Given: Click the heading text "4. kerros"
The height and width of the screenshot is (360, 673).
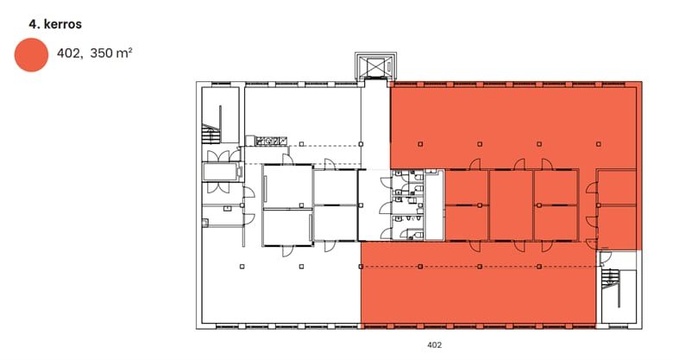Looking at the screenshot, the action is click(55, 24).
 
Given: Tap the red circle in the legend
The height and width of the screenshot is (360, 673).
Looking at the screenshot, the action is click(31, 54).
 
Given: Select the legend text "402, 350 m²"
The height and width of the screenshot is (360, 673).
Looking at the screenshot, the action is click(94, 54).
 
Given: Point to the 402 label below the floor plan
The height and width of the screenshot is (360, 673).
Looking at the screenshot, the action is click(434, 344).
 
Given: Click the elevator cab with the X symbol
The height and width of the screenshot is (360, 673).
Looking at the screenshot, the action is click(375, 66).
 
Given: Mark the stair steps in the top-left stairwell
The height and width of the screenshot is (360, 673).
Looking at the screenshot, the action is click(211, 134).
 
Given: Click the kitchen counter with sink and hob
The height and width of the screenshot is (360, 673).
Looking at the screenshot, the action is click(266, 141).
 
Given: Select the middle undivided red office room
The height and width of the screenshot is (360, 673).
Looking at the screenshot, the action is click(511, 205).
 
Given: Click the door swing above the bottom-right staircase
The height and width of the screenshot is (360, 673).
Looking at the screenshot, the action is click(606, 257).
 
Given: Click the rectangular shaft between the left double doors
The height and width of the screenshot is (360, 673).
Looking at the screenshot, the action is click(222, 172).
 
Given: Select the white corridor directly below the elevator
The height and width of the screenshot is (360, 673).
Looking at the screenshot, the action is click(375, 124).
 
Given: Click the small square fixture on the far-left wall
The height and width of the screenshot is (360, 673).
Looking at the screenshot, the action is click(205, 223).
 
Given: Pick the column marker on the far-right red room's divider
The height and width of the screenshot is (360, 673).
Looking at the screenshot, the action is click(598, 205).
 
